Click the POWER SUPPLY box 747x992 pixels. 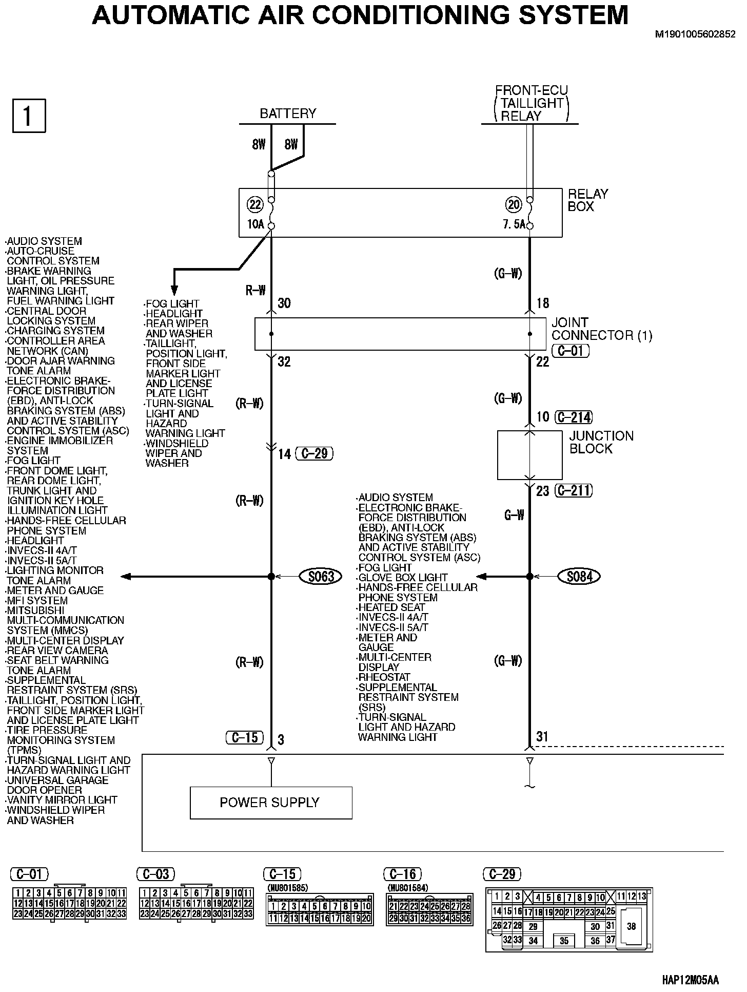coord(270,803)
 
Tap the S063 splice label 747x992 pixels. coord(321,577)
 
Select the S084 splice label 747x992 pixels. coord(579,577)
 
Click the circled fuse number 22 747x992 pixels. coord(255,205)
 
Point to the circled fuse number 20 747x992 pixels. coord(514,205)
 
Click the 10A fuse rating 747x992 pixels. coord(255,225)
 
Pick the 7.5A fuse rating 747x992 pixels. coord(514,225)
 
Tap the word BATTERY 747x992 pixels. coord(288,113)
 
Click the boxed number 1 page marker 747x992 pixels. coord(29,116)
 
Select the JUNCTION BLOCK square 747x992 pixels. coord(529,455)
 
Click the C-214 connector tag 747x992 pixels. coord(574,417)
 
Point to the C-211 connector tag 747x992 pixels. coord(574,491)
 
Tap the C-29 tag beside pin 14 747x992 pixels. coord(314,453)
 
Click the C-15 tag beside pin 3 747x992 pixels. coord(244,738)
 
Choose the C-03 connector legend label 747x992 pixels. coord(156,874)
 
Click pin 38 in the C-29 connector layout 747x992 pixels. coord(631,926)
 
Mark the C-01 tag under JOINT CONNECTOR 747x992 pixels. coord(570,351)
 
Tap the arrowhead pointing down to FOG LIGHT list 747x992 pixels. coord(174,290)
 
